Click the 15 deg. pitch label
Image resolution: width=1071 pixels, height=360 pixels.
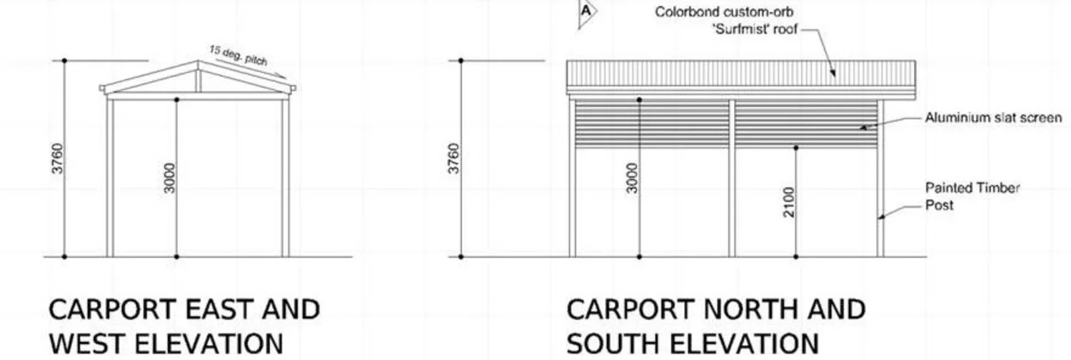pyautogui.click(x=238, y=56)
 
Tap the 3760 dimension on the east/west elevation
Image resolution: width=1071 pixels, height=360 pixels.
pyautogui.click(x=57, y=159)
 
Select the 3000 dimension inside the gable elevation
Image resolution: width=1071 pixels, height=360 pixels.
pyautogui.click(x=170, y=179)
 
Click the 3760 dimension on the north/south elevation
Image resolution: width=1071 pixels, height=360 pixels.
pyautogui.click(x=453, y=159)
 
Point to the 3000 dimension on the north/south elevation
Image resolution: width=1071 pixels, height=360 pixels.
pyautogui.click(x=632, y=179)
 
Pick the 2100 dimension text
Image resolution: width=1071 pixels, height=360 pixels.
pyautogui.click(x=789, y=202)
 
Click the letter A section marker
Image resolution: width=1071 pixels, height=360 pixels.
pyautogui.click(x=586, y=11)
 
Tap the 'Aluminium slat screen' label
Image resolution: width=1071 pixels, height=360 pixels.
pyautogui.click(x=993, y=118)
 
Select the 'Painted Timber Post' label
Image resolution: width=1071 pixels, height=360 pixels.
pyautogui.click(x=972, y=196)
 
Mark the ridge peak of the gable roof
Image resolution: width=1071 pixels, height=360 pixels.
pyautogui.click(x=198, y=61)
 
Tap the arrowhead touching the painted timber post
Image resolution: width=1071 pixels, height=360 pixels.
pyautogui.click(x=881, y=217)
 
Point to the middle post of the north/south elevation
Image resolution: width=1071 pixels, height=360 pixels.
pyautogui.click(x=732, y=178)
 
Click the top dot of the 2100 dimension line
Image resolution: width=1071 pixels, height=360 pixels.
pyautogui.click(x=796, y=148)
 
